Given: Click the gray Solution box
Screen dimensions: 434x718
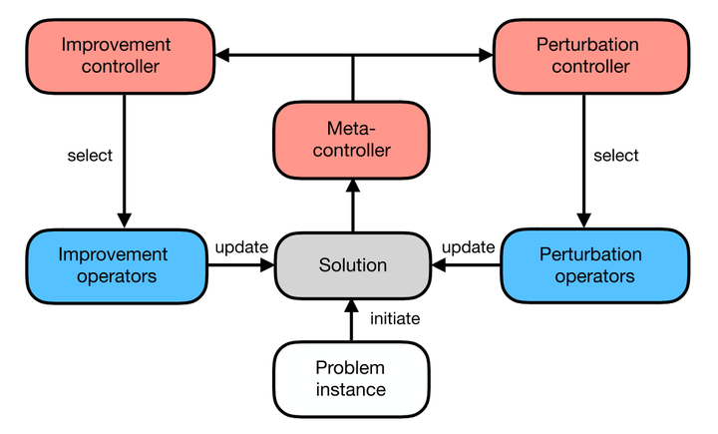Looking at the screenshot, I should click(352, 265).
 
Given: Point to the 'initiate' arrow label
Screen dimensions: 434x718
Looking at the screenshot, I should click(395, 319).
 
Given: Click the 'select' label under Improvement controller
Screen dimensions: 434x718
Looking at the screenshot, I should click(90, 156).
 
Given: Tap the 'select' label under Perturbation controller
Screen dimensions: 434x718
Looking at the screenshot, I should click(615, 156).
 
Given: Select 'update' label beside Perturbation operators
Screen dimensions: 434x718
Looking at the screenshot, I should click(468, 246).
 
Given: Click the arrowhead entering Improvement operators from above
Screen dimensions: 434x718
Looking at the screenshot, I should click(125, 220).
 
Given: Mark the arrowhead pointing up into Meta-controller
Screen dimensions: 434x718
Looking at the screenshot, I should click(352, 185).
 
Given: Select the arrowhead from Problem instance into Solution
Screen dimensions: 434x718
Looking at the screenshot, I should click(352, 305).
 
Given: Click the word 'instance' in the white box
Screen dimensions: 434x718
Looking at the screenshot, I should click(350, 390).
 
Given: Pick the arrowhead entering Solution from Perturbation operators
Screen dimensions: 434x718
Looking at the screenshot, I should click(439, 265).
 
